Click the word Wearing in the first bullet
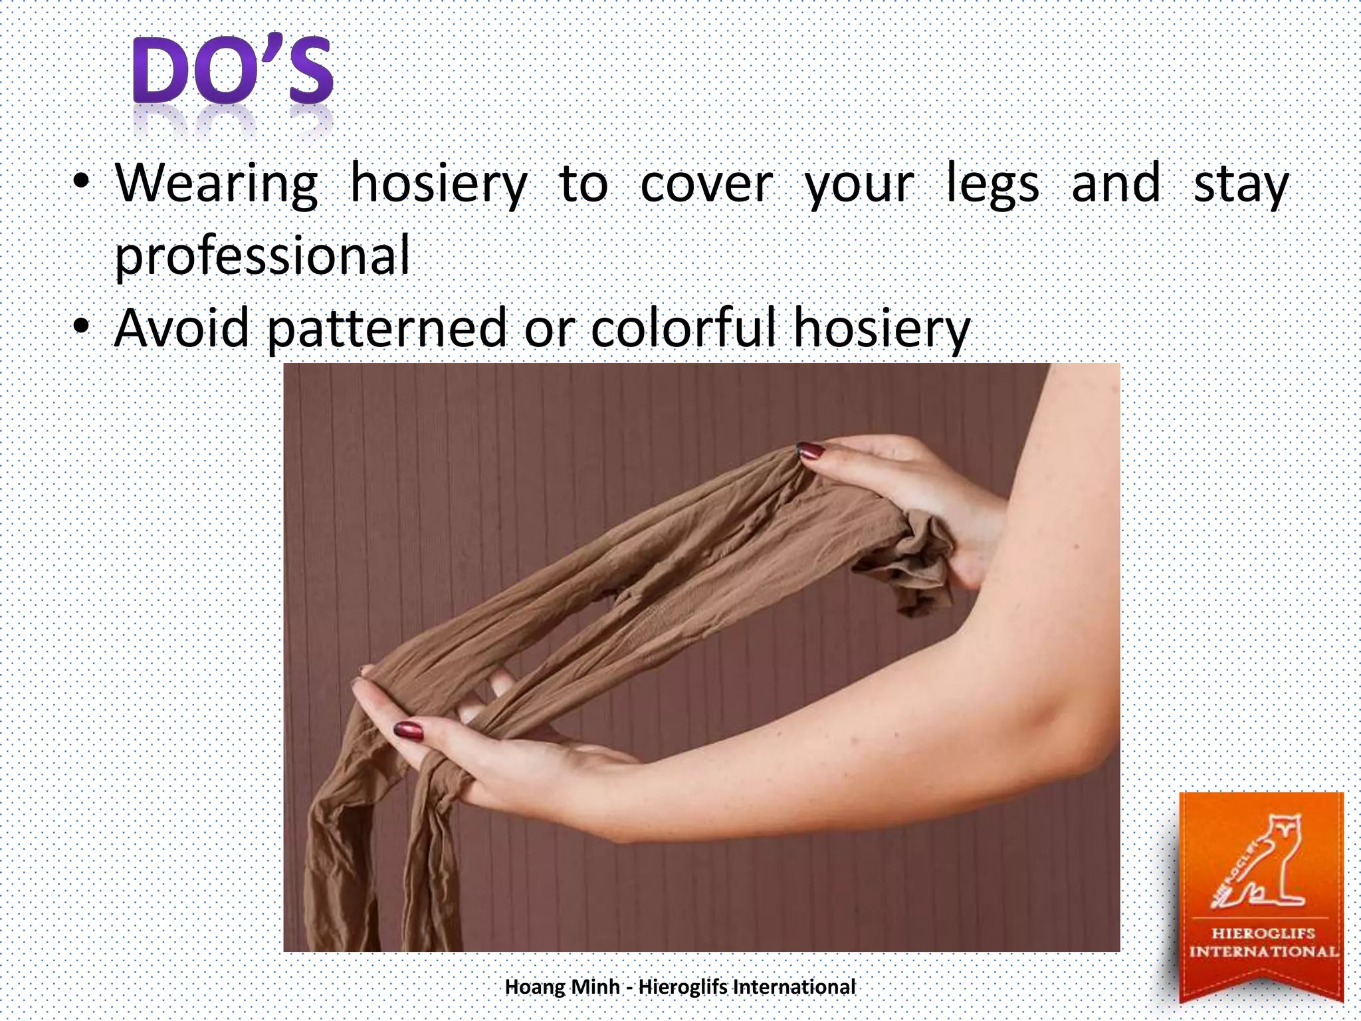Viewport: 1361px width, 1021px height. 217,185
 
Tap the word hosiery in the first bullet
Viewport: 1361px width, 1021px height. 439,185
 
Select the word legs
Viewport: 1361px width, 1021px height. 992,185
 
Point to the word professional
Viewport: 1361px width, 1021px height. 262,257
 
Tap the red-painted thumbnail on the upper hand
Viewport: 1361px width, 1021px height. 811,451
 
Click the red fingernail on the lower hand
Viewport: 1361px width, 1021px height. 408,730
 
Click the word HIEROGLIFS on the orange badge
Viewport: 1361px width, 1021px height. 1263,933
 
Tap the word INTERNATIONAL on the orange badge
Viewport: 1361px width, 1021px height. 1263,952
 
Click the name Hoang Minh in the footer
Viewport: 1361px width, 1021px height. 562,987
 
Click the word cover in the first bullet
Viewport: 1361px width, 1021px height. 706,185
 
